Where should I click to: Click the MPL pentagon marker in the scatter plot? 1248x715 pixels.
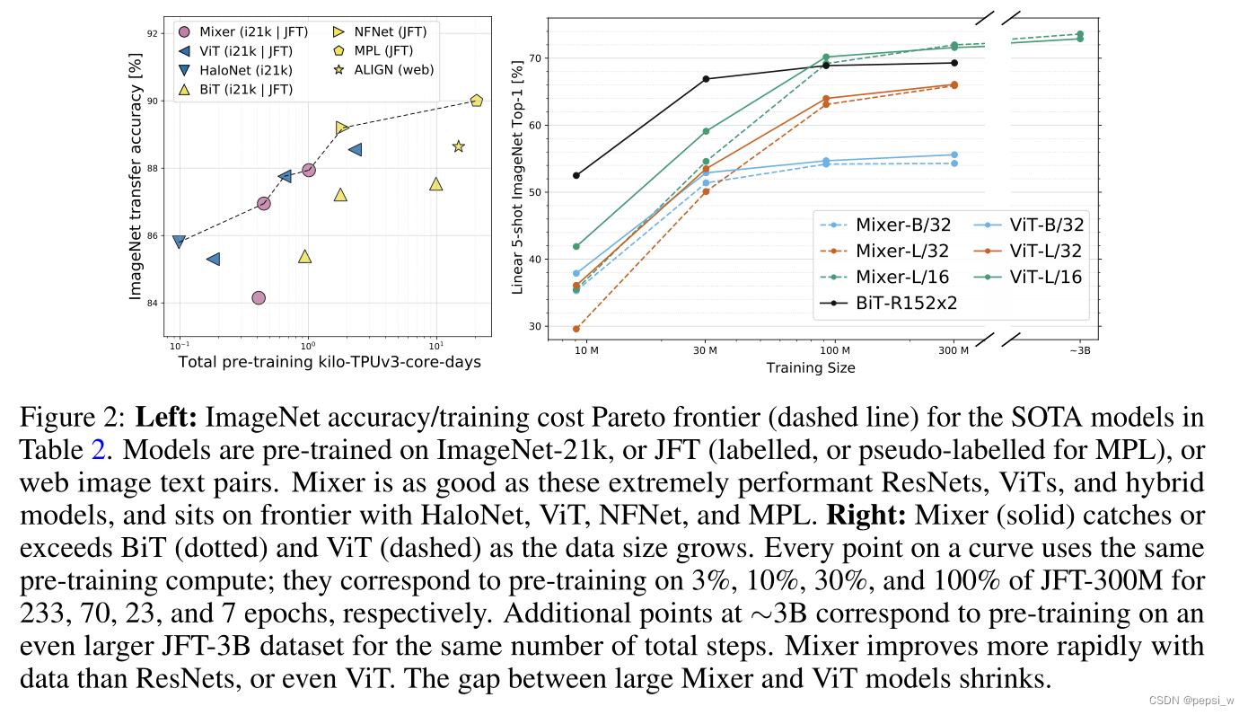476,101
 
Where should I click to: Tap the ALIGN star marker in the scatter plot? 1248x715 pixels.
458,146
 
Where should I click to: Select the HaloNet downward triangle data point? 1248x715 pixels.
179,242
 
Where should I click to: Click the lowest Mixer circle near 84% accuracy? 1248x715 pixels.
259,297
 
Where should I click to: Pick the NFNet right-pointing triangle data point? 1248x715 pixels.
341,128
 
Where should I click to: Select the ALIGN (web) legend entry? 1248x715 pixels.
384,70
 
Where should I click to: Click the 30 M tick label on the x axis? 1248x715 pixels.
705,350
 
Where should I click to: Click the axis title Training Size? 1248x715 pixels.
811,368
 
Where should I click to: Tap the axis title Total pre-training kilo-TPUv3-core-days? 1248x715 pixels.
329,362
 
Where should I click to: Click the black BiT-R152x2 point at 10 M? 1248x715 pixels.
576,175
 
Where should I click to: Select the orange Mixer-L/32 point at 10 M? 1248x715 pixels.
576,329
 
